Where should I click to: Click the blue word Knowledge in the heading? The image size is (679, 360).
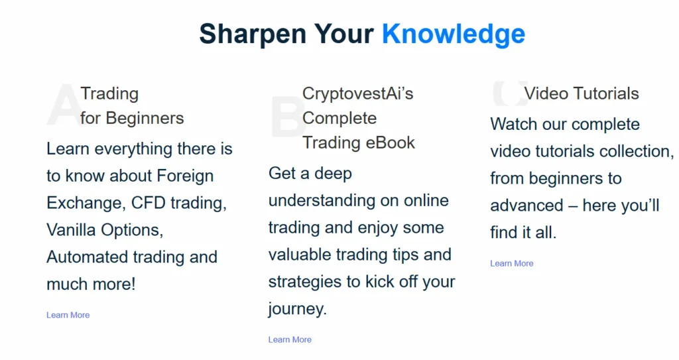[454, 34]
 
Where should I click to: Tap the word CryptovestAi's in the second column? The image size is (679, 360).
[357, 93]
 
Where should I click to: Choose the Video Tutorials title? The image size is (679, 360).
[582, 93]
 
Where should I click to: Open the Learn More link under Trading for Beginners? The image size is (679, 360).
[68, 315]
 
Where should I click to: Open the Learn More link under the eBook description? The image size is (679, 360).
[290, 339]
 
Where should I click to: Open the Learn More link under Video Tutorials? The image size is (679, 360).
[511, 263]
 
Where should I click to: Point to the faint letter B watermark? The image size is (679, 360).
[286, 118]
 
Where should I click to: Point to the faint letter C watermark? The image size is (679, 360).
[508, 93]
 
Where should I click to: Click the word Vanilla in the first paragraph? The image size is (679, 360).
[71, 230]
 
